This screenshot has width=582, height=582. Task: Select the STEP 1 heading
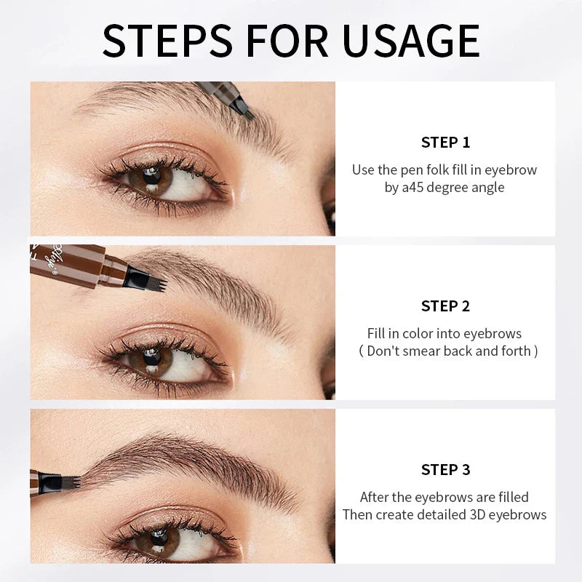coord(445,142)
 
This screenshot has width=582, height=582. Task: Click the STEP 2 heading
coord(445,306)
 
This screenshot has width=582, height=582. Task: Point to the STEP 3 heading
coord(445,469)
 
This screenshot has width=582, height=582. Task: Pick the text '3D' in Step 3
coord(483,514)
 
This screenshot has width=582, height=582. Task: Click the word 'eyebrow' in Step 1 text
coord(511,170)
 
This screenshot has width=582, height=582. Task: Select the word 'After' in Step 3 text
coord(376,498)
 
